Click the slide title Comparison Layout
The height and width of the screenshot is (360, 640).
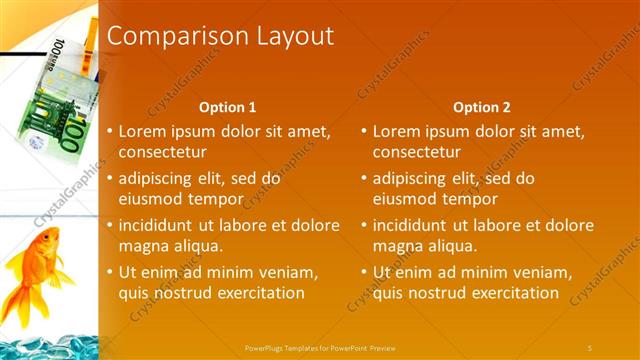220,37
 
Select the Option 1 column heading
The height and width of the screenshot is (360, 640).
227,107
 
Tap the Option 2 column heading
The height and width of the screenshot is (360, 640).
481,107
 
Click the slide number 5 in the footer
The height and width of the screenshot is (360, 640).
590,347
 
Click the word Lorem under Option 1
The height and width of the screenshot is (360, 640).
143,131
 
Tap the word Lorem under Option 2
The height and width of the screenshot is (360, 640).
397,131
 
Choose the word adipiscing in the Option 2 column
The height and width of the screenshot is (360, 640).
410,178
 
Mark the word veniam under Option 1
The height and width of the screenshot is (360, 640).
287,272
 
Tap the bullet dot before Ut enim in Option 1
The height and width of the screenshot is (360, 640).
111,272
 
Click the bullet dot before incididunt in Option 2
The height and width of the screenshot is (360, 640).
365,225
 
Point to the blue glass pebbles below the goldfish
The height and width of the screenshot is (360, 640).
45,342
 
